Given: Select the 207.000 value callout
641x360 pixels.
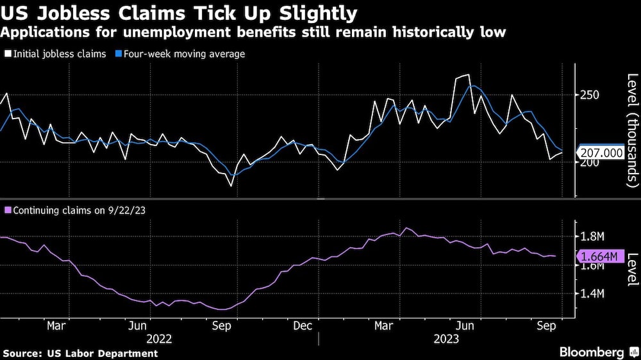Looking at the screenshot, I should point(601,152).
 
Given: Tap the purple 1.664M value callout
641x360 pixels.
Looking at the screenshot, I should point(601,257).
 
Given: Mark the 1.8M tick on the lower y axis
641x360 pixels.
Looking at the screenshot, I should point(592,237).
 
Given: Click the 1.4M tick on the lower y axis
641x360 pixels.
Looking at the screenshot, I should point(592,294).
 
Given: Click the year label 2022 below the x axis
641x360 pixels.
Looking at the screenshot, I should point(160,339).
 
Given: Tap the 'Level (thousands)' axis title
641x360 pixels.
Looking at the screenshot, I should point(631,131).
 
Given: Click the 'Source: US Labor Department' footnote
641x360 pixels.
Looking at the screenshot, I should point(80,353).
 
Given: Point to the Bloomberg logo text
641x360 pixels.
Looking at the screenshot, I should point(591,352).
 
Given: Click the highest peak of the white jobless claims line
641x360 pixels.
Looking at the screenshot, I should point(468,75).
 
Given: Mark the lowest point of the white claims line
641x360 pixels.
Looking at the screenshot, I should point(231,186).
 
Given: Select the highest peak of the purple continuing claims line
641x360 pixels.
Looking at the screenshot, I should point(405,228).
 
